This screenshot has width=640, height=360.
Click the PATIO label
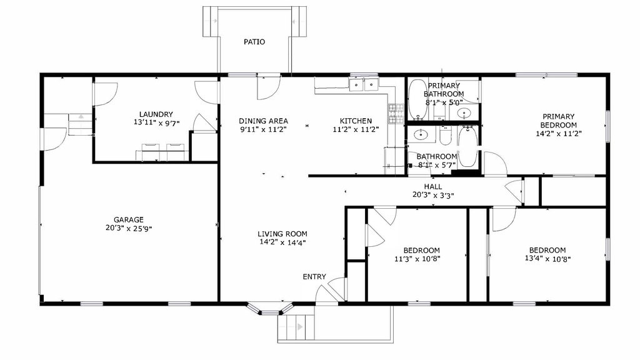[x=254, y=42]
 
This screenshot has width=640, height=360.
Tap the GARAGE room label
[x=129, y=219]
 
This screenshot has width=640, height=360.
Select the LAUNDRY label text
[x=156, y=114]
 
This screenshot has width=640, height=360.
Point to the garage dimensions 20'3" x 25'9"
[x=129, y=229]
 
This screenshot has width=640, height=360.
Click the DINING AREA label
[x=263, y=121]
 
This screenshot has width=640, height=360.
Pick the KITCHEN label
[x=356, y=121]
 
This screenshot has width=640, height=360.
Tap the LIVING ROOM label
[x=282, y=234]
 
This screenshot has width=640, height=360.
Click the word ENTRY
[x=314, y=277]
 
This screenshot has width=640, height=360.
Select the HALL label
[x=432, y=186]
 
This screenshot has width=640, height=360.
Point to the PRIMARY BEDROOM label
[x=558, y=121]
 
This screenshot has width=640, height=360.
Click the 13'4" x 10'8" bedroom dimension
[x=547, y=259]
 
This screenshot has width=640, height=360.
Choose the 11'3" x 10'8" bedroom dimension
[x=417, y=259]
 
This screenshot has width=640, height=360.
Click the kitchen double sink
[x=364, y=85]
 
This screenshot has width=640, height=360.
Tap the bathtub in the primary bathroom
[x=417, y=100]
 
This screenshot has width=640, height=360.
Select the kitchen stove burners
[x=396, y=114]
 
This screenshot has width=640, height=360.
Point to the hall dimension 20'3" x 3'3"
[x=433, y=196]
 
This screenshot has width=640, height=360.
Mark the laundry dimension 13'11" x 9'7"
[x=156, y=123]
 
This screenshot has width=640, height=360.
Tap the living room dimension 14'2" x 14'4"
[x=282, y=242]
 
